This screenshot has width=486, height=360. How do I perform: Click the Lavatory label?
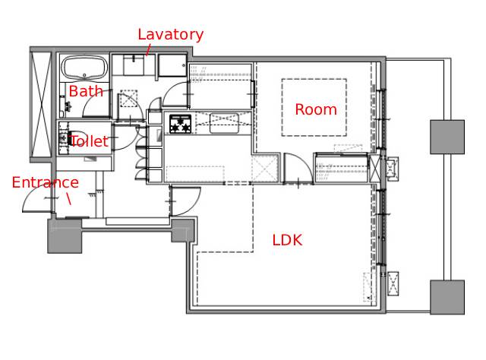(170, 34)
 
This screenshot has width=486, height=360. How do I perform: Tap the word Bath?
(86, 91)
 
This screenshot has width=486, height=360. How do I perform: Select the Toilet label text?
(90, 141)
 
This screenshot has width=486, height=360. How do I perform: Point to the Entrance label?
(45, 182)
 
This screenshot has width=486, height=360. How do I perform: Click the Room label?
(315, 109)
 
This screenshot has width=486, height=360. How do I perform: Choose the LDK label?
(287, 240)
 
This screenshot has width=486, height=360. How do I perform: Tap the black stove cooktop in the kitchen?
(180, 124)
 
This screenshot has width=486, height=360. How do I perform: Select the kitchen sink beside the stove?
(223, 123)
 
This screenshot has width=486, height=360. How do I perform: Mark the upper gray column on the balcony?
(447, 137)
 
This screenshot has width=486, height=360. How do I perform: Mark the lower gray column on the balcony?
(447, 297)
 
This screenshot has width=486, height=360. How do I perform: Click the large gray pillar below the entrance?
(65, 236)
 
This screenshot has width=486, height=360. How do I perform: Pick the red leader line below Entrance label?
(69, 198)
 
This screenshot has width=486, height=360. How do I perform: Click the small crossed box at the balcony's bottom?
(393, 284)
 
